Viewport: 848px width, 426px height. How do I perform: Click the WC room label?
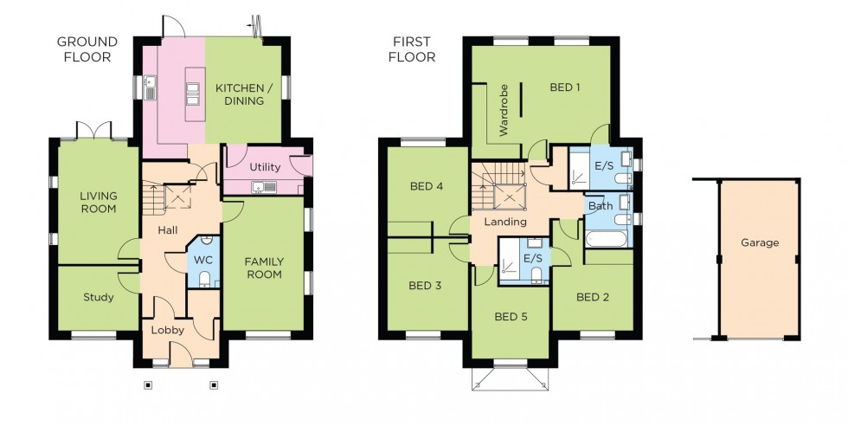pos(204,259)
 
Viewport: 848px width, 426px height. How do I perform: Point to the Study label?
pos(98,298)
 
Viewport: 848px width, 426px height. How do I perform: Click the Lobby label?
pos(167,330)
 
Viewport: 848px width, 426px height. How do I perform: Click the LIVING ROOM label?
pos(98,202)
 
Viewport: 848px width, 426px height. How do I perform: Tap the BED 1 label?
pos(564,87)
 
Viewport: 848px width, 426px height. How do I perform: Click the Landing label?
pos(505,222)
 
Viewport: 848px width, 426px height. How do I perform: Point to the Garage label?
pos(759,242)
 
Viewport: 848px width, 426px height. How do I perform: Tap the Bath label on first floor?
pos(600,207)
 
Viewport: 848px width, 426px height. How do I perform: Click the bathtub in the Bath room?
pos(609,238)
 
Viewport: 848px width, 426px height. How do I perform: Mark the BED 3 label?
pos(425,286)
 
